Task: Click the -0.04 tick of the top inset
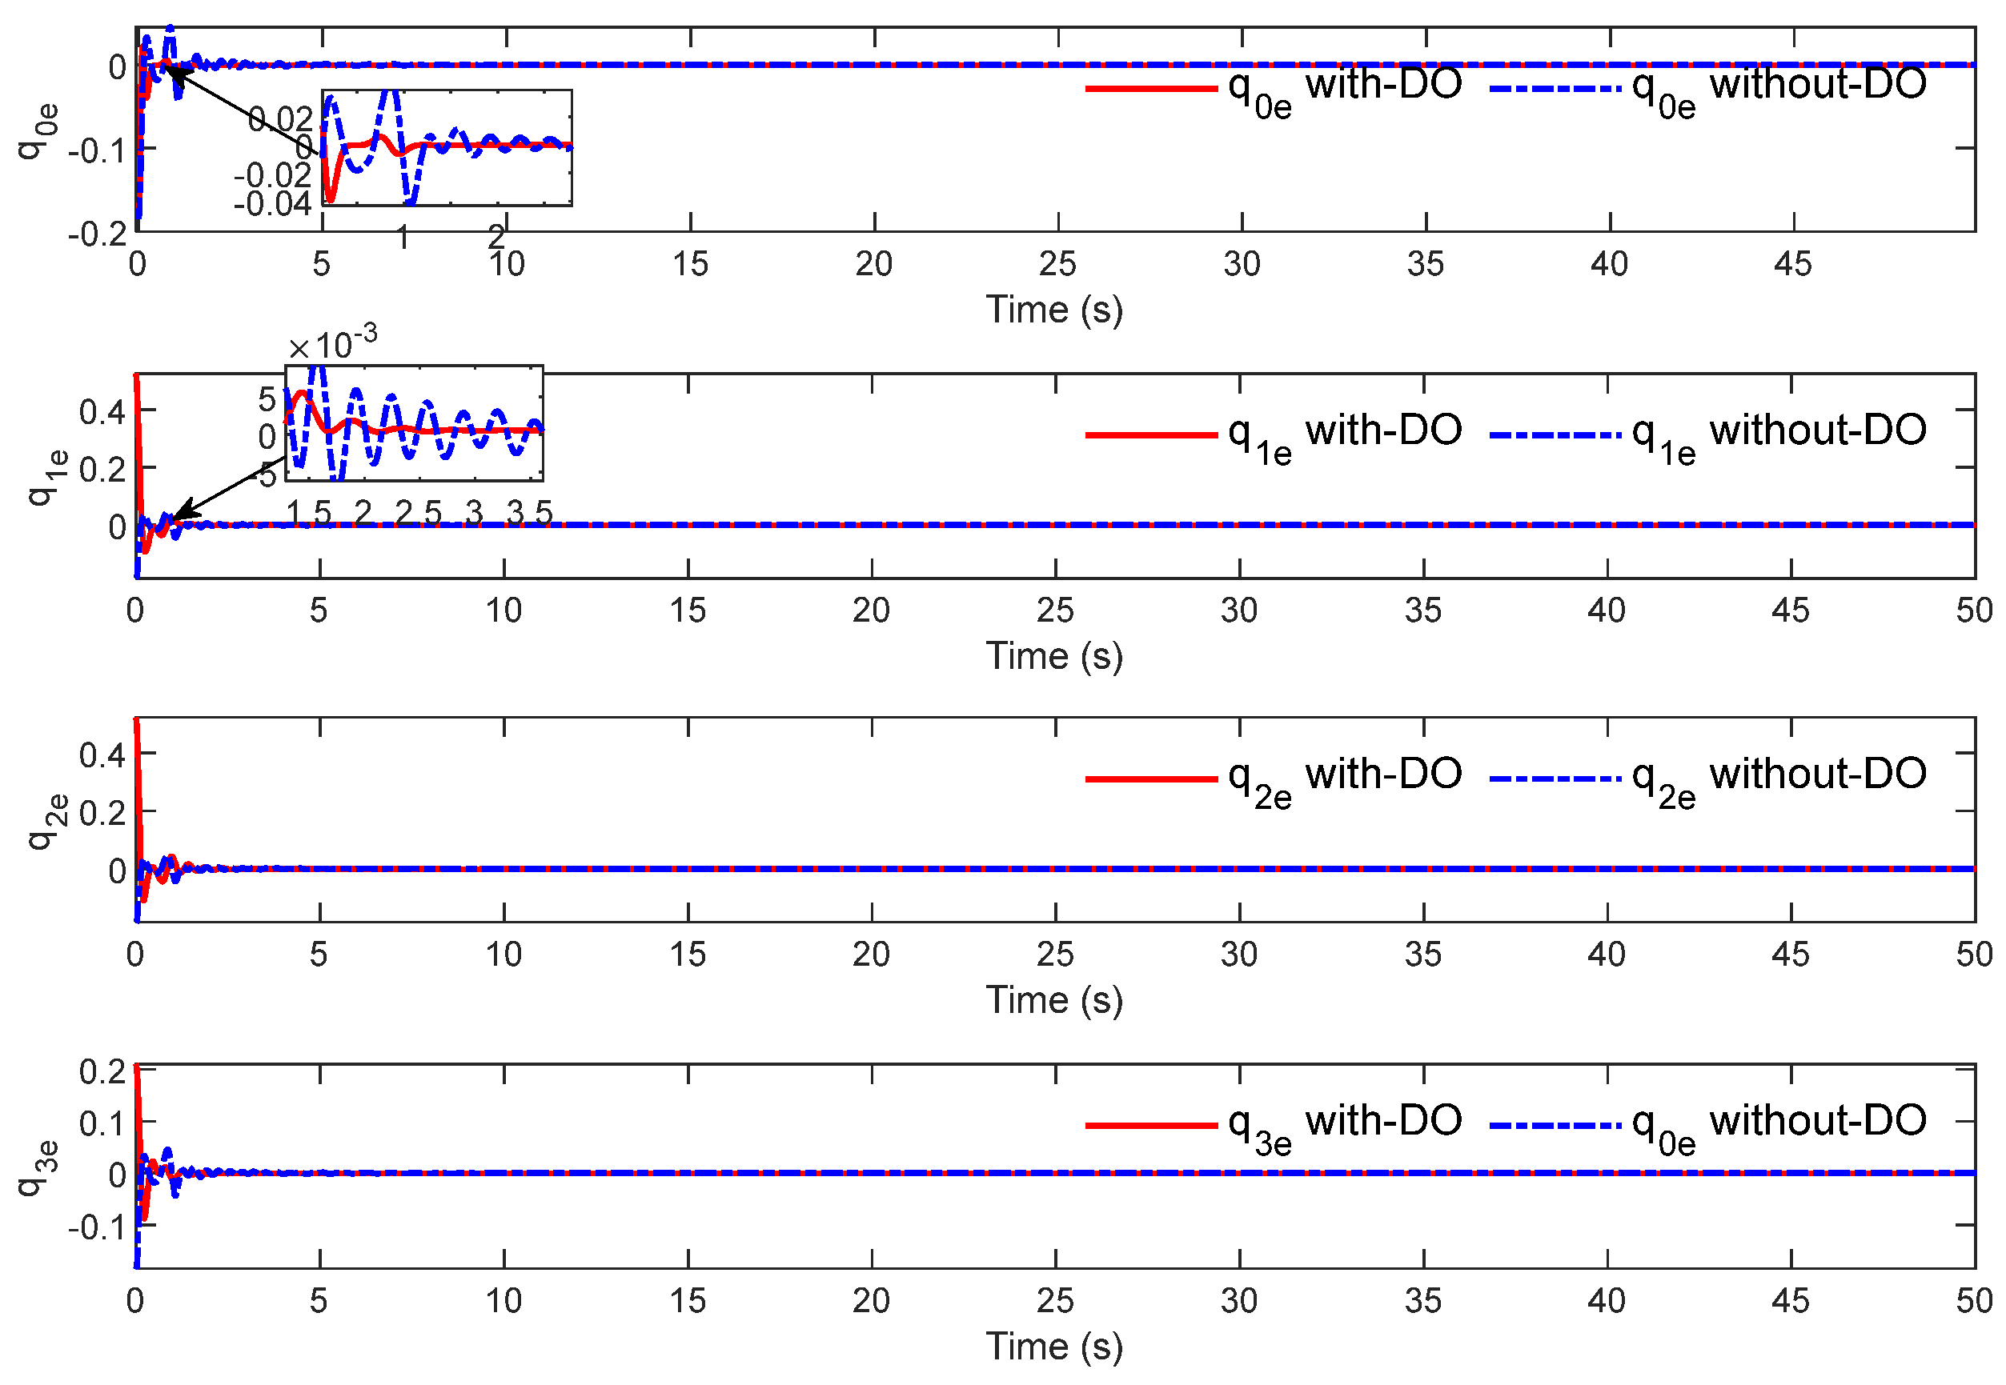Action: point(271,205)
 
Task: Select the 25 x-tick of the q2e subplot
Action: point(1055,955)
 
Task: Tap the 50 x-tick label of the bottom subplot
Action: point(1973,1301)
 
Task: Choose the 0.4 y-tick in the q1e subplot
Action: point(102,411)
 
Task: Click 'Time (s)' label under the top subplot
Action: point(1053,310)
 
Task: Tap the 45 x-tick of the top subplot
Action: point(1792,264)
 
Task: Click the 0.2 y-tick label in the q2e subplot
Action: point(102,813)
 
